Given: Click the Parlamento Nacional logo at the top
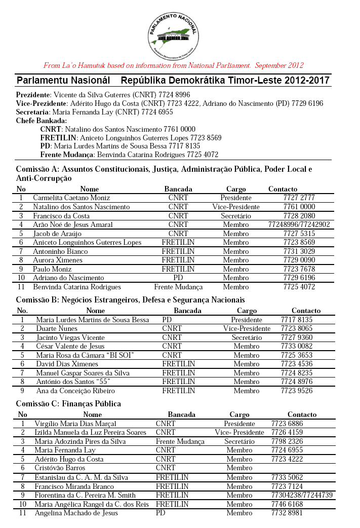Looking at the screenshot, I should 173,34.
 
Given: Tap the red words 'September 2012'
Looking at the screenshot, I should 279,65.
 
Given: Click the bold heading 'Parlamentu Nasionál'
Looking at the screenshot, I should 63,81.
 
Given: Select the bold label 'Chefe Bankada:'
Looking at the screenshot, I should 42,121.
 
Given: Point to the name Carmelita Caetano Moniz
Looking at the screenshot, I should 71,198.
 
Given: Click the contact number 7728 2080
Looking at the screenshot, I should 300,216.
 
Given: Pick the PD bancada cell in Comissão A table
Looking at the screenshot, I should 178,278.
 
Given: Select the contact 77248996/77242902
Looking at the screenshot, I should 299,224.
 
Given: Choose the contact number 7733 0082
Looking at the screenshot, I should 297,346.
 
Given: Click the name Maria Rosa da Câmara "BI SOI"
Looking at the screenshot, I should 85,355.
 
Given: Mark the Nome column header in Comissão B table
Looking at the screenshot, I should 95,311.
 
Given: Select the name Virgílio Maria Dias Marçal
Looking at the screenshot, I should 75,423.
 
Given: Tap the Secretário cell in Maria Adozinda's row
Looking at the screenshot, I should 239,441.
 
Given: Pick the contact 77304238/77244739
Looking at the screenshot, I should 302,495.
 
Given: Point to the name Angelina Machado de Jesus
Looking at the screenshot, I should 76,513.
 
